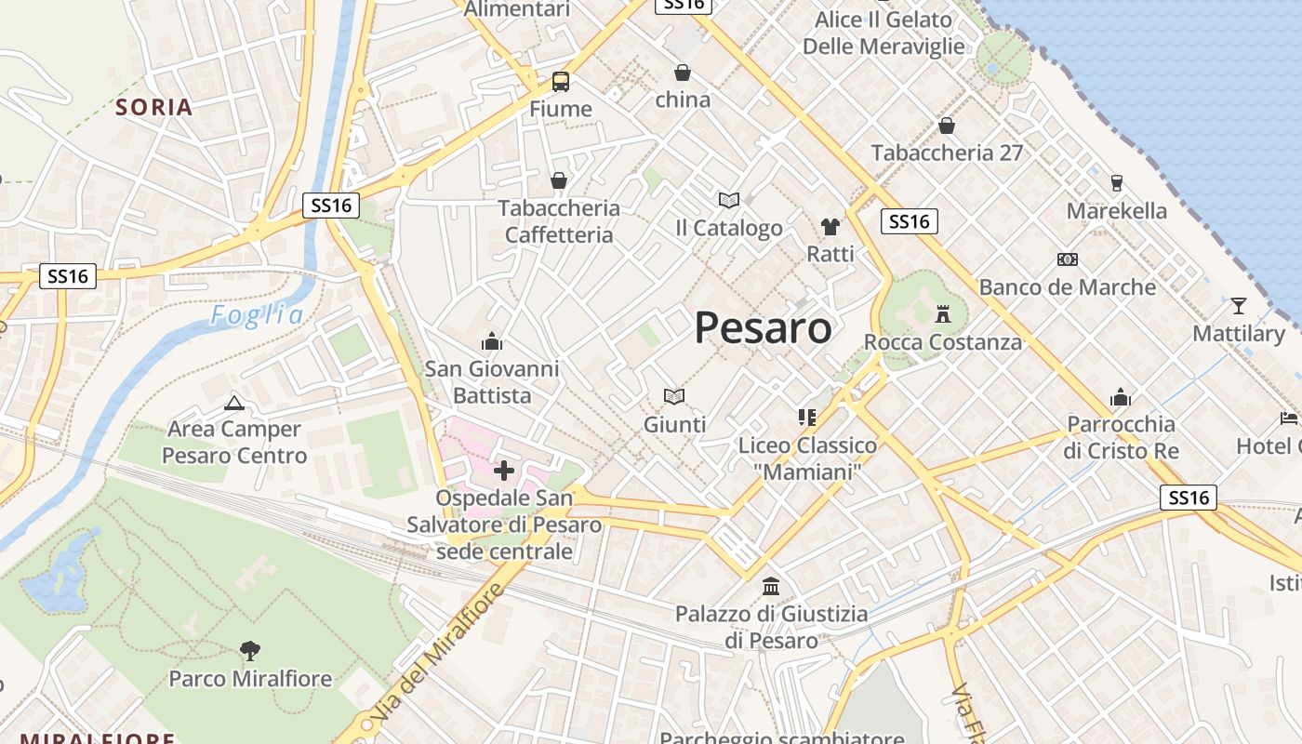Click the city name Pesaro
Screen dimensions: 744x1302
pyautogui.click(x=763, y=328)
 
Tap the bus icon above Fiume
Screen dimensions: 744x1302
pyautogui.click(x=561, y=82)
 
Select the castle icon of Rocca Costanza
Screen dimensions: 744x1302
pyautogui.click(x=943, y=313)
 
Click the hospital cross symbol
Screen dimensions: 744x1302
pyautogui.click(x=504, y=471)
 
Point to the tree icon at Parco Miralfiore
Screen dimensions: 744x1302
pyautogui.click(x=249, y=650)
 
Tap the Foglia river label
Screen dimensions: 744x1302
pyautogui.click(x=257, y=316)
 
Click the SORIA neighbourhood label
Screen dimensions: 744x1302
pyautogui.click(x=154, y=107)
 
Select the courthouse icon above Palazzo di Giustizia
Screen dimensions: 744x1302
pyautogui.click(x=771, y=587)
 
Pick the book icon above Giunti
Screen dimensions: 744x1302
pyautogui.click(x=674, y=397)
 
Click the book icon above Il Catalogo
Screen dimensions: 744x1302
pyautogui.click(x=728, y=200)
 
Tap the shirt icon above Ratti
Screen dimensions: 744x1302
pyautogui.click(x=830, y=226)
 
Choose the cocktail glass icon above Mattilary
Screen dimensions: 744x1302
pyautogui.click(x=1238, y=305)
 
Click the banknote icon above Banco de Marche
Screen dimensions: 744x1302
pyautogui.click(x=1067, y=259)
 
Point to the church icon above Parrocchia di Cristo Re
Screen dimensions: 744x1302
pyautogui.click(x=1121, y=398)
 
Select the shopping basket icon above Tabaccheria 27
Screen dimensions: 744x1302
pyautogui.click(x=947, y=126)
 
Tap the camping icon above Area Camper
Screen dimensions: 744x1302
pyautogui.click(x=233, y=403)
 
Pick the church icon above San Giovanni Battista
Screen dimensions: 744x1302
pyautogui.click(x=492, y=341)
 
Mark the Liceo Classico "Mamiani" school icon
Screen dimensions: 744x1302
pyautogui.click(x=806, y=418)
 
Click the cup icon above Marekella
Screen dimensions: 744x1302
pyautogui.click(x=1117, y=182)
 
